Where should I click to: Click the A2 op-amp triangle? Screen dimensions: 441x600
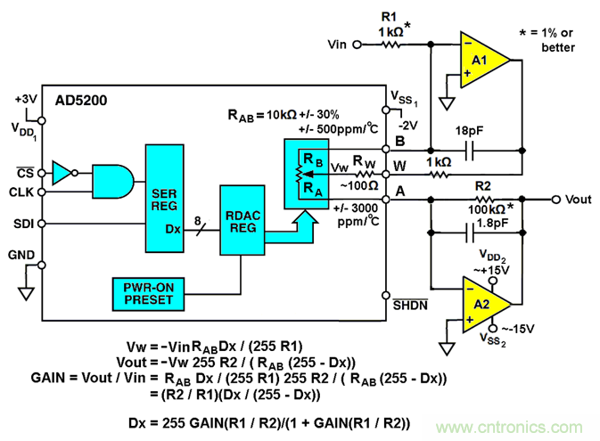483,304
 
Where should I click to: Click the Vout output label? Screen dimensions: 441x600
578,200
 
